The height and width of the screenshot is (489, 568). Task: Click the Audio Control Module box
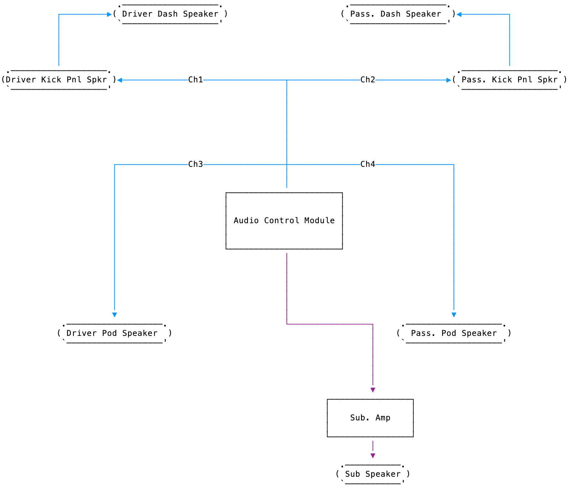(284, 221)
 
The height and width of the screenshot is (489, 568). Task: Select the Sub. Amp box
(370, 418)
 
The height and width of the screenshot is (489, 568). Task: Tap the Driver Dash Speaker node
(170, 14)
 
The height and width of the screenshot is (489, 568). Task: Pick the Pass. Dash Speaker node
(398, 14)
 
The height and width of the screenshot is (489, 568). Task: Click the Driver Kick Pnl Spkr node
(59, 80)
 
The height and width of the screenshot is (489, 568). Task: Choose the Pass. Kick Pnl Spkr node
(509, 80)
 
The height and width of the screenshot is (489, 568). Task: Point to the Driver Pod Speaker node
(114, 333)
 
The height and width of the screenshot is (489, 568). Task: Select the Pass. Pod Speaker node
(454, 333)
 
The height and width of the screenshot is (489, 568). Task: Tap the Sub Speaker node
(373, 474)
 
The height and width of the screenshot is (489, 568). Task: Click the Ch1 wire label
(195, 80)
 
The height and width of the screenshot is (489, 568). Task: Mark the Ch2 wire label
(368, 80)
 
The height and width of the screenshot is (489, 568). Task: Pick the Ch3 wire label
(195, 164)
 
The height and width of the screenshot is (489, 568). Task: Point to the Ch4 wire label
(368, 164)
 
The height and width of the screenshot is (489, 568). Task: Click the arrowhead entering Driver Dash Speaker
(109, 14)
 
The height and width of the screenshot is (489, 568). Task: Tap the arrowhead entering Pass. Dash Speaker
(459, 14)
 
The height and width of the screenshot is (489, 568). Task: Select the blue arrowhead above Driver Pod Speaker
(115, 315)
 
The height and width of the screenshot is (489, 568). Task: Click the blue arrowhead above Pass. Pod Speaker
(454, 315)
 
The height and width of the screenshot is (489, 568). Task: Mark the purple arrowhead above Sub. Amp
(373, 390)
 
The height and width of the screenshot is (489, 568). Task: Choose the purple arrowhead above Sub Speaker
(373, 455)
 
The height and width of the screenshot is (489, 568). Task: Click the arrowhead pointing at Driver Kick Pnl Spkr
(119, 80)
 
